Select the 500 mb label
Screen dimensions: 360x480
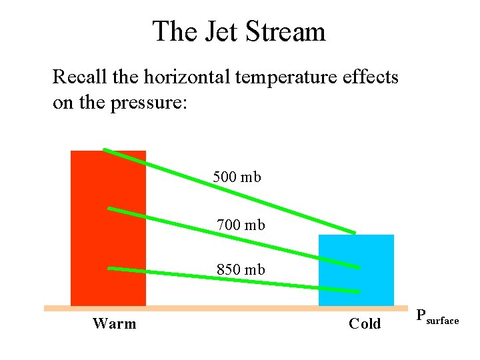coord(237,177)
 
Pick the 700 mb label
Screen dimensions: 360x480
coord(241,225)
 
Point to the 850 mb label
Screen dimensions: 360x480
coord(241,270)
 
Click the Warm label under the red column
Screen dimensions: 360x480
coord(114,324)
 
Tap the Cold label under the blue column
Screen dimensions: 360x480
coord(365,324)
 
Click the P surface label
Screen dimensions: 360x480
coord(437,317)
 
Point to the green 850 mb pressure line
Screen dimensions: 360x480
coord(173,274)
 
